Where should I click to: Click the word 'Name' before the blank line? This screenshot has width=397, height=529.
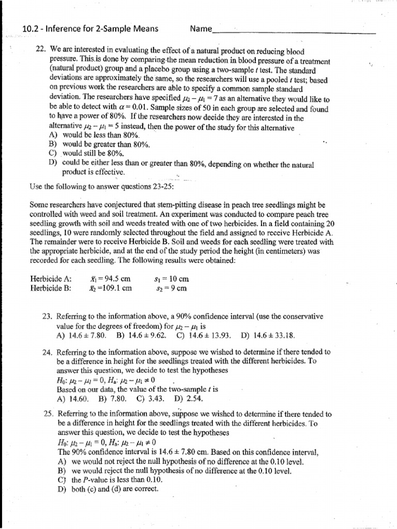click(x=201, y=29)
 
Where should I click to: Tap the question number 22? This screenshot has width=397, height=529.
click(x=41, y=52)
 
